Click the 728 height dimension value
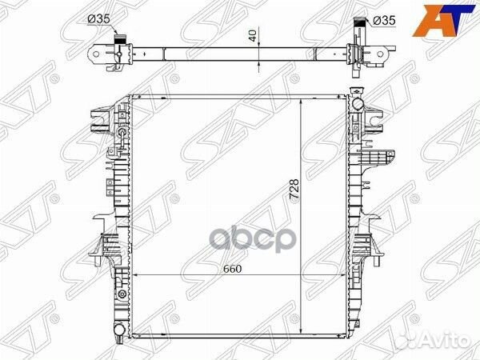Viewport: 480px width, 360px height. [x=294, y=190]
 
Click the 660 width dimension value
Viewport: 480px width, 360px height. [x=232, y=269]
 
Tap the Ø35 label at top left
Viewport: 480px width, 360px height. [x=98, y=19]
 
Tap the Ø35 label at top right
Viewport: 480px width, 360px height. [x=385, y=21]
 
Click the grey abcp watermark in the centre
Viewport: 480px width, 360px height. [x=253, y=239]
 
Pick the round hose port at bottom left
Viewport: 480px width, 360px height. [x=120, y=330]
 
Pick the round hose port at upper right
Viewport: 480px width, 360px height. [x=358, y=103]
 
